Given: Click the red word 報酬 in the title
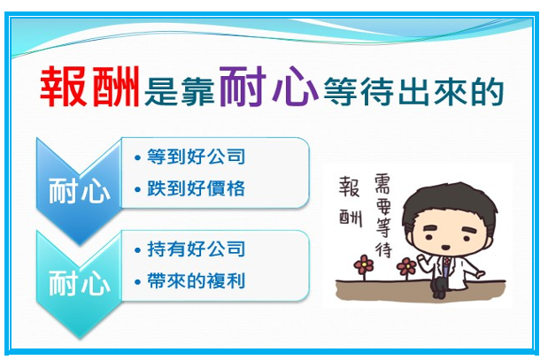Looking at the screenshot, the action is (89, 87).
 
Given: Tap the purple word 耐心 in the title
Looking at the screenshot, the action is (269, 86).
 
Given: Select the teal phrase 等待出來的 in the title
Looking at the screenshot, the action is (413, 91).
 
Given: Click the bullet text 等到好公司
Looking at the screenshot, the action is (196, 157).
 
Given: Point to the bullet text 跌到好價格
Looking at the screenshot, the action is (196, 188).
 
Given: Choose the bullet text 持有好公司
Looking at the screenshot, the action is (196, 249).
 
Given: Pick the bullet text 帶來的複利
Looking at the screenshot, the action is (196, 280).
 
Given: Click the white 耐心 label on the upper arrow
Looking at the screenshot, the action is (80, 190).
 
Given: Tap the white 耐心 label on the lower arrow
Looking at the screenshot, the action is (80, 282).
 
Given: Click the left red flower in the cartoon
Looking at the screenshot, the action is (364, 264).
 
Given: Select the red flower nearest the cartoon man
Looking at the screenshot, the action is (406, 267).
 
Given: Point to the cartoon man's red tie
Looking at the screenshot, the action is (446, 264).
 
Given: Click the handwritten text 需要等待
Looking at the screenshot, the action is (382, 217).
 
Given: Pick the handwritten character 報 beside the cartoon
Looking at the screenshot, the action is (349, 187).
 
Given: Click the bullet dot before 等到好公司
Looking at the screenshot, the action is (137, 157).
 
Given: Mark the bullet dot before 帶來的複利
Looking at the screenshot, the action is (137, 282).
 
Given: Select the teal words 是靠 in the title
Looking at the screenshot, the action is (180, 92).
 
